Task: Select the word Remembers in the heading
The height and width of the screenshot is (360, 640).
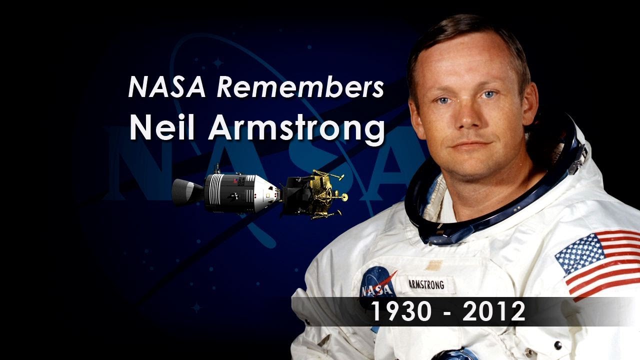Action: pyautogui.click(x=300, y=87)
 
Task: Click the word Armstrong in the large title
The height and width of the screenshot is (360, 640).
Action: pyautogui.click(x=296, y=129)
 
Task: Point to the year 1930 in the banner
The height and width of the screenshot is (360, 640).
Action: pyautogui.click(x=401, y=312)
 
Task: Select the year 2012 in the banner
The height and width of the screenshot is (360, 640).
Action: pyautogui.click(x=493, y=312)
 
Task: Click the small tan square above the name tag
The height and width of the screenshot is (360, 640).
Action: pyautogui.click(x=433, y=265)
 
